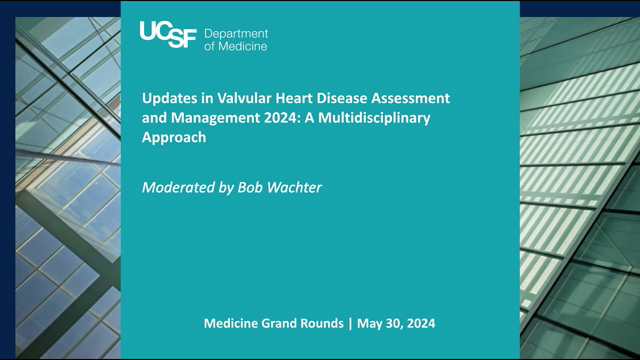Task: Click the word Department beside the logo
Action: [x=236, y=32]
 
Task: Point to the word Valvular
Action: [x=235, y=100]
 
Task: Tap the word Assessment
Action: [x=410, y=100]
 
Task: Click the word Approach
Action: [x=174, y=138]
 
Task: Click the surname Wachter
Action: [x=294, y=188]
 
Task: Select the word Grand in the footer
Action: [x=282, y=324]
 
